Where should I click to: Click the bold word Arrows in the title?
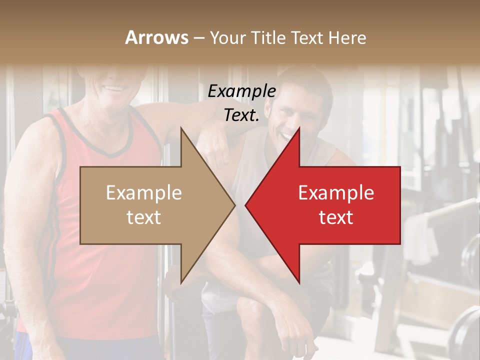156,37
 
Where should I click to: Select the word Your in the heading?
226,37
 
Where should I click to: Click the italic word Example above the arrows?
241,91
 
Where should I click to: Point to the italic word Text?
241,115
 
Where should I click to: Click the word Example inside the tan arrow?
144,192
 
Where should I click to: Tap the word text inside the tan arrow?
144,217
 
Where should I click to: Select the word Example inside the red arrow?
336,192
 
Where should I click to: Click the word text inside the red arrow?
336,217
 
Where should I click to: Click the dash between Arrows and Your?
198,38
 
